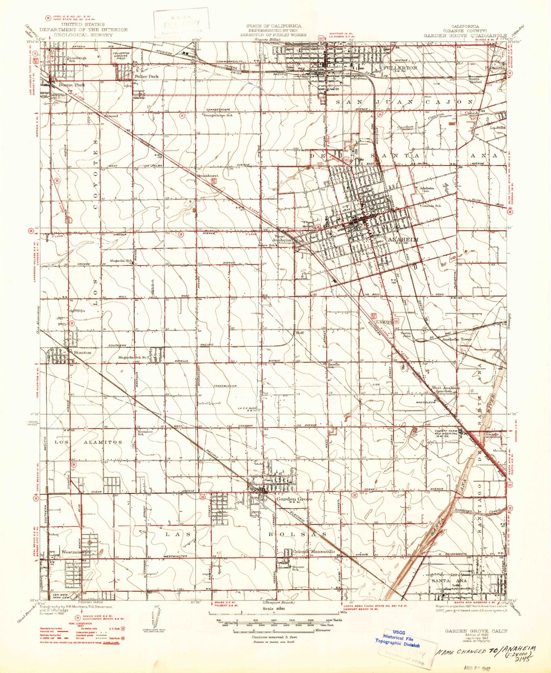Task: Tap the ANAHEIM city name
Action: tap(403, 239)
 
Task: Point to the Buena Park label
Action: tap(72, 85)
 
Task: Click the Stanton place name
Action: tap(82, 353)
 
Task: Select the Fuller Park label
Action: tap(146, 76)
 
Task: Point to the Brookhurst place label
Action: tap(207, 176)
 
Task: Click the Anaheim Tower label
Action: tap(457, 339)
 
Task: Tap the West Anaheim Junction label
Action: tap(446, 389)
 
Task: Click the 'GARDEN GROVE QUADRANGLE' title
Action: tap(465, 35)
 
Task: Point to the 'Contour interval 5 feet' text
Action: tap(271, 637)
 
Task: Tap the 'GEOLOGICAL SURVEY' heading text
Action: tap(83, 35)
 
